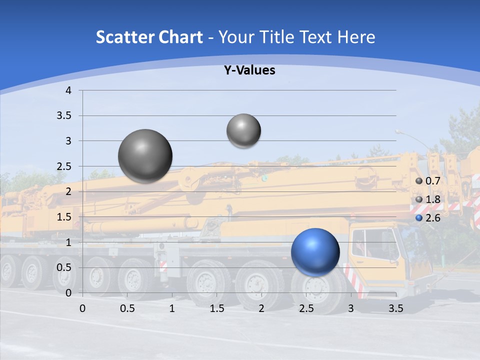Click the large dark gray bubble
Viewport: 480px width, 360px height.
[145, 156]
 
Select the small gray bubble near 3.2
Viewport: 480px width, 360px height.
[243, 130]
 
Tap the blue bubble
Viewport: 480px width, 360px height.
[315, 252]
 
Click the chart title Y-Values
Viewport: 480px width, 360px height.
[249, 70]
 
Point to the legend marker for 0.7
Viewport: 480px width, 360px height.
[419, 181]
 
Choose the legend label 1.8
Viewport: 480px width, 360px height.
[432, 199]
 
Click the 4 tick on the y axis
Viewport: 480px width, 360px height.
[68, 90]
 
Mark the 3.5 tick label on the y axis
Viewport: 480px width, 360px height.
[65, 116]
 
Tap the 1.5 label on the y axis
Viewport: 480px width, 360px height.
[65, 217]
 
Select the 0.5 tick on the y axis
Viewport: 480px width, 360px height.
[65, 267]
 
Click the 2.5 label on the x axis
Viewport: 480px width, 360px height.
[306, 308]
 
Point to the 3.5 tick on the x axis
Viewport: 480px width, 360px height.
[395, 308]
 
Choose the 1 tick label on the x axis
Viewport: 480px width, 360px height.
[172, 308]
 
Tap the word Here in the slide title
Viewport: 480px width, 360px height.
[356, 37]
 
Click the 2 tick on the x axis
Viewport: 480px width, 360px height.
[261, 308]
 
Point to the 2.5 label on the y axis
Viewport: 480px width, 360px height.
[65, 166]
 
